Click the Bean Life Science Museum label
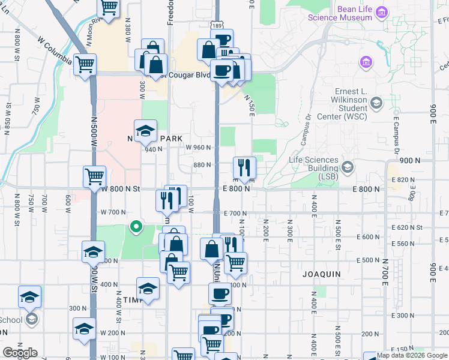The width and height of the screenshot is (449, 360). [340, 13]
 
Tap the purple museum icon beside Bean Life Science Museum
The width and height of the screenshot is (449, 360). [381, 11]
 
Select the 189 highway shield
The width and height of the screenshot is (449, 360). [217, 26]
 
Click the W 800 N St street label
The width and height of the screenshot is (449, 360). [120, 188]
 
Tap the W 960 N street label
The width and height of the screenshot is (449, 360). [199, 148]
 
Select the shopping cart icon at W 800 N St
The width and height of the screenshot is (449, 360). [95, 177]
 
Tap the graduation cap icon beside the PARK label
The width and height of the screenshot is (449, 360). [145, 131]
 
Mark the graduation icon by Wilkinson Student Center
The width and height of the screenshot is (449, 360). [376, 103]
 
